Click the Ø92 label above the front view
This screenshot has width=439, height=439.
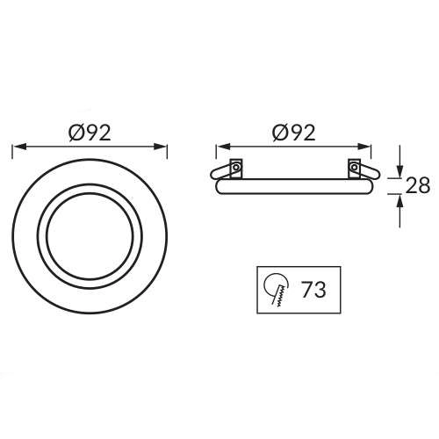click(x=90, y=133)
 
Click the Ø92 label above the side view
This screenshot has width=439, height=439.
click(x=294, y=133)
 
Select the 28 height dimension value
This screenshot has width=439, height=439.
click(x=418, y=185)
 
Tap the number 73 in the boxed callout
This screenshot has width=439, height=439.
click(x=313, y=290)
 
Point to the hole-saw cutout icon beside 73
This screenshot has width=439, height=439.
click(x=277, y=289)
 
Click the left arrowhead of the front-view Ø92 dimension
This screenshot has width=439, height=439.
click(x=19, y=147)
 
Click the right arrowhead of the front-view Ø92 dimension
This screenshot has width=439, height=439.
click(x=160, y=147)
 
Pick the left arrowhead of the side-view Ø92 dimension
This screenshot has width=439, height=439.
click(x=223, y=147)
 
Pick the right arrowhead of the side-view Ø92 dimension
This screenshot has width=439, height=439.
click(x=364, y=147)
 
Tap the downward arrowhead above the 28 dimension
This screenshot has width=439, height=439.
click(x=399, y=171)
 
